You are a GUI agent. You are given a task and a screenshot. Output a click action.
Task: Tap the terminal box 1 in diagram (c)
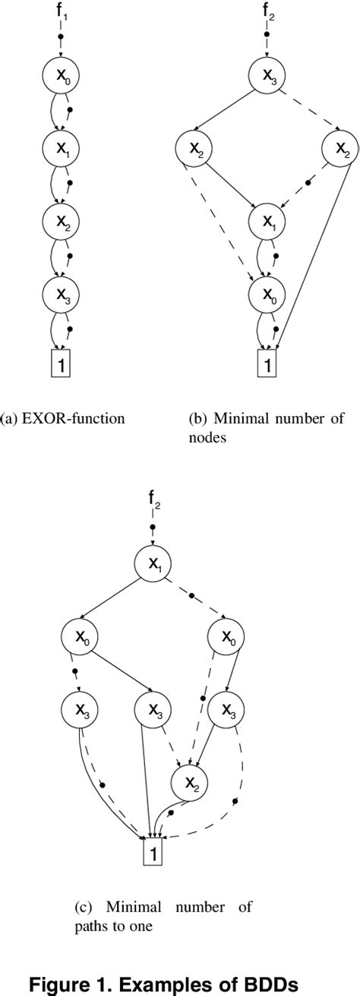[155, 853]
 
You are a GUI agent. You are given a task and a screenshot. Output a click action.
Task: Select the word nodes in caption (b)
[204, 437]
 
